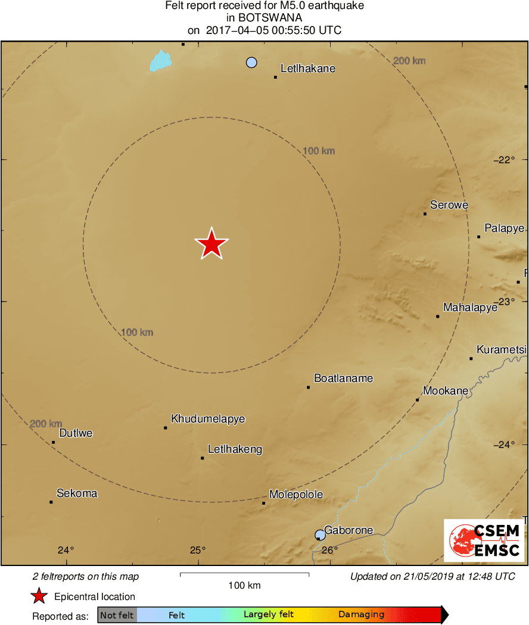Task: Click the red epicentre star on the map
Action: coord(211,244)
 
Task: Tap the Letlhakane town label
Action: coord(307,69)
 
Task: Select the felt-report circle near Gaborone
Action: coord(320,534)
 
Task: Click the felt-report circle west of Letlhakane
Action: coord(251,63)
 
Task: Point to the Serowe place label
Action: coord(449,206)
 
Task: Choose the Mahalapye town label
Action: coord(470,308)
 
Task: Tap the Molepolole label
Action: coord(296,495)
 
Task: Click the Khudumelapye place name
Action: coord(208,419)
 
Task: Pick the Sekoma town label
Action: coord(77,493)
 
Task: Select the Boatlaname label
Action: coord(343,378)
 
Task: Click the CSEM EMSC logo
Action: coord(484,540)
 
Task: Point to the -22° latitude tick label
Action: coord(504,160)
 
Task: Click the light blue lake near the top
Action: coord(160,60)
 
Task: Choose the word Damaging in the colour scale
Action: coord(361,615)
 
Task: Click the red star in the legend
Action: coord(39,596)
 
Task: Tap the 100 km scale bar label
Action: coord(244,586)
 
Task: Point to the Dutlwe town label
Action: coord(76,433)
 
